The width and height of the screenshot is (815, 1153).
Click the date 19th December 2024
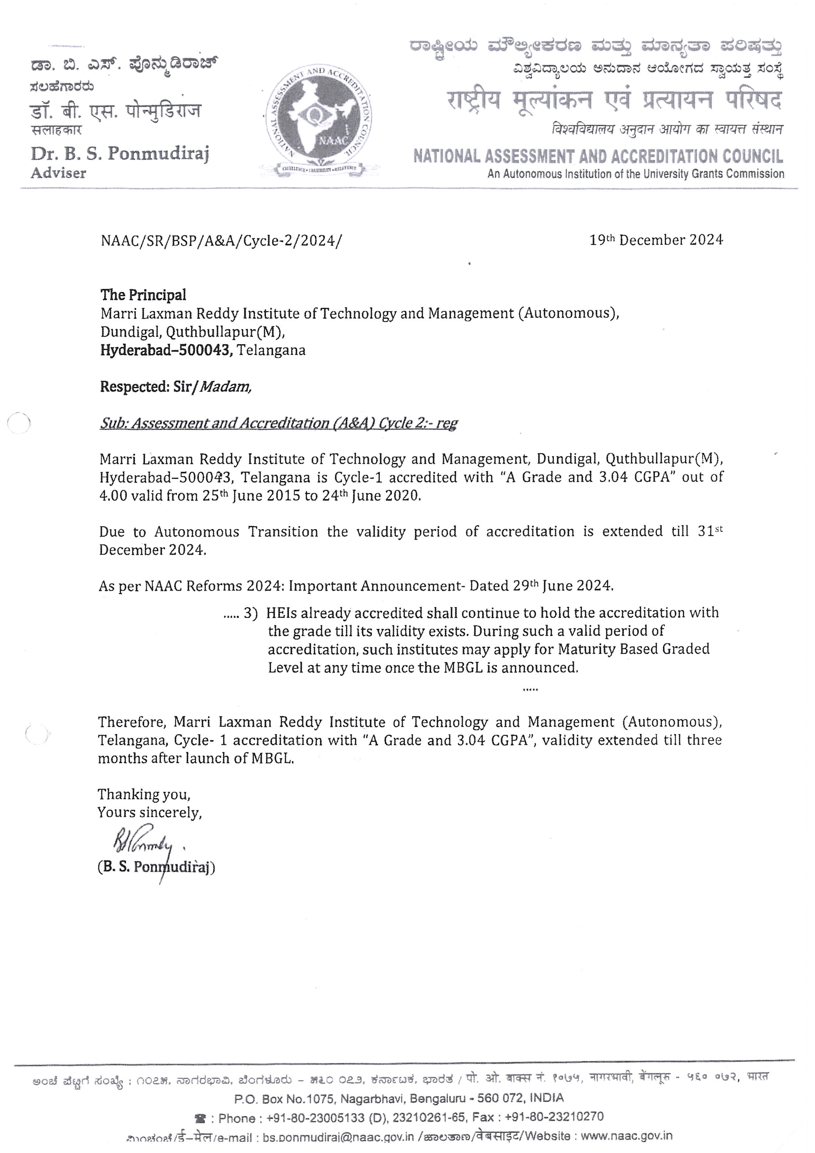point(656,240)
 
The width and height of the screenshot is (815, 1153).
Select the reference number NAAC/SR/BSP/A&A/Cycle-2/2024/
point(221,241)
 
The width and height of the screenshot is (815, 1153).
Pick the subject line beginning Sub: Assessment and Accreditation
point(279,423)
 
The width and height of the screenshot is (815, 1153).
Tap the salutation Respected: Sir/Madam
point(175,387)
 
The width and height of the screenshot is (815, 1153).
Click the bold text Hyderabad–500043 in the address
point(166,350)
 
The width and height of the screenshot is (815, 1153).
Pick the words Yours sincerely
point(150,812)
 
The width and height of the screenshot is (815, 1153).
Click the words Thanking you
point(144,794)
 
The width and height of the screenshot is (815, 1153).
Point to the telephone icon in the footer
point(200,1118)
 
